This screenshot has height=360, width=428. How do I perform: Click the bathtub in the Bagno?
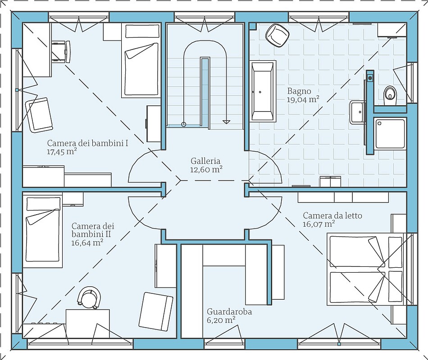pos(263,90)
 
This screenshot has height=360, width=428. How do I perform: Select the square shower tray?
pos(390,133)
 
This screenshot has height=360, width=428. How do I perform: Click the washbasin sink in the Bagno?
pos(357,112)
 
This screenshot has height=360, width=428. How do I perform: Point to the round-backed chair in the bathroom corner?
pos(277,36)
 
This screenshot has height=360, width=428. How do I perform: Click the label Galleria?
pos(205,161)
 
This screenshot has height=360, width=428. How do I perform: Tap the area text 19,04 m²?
pos(303,99)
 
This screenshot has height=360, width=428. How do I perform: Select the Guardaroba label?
pos(229,311)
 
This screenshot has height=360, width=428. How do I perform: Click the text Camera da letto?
pos(332,216)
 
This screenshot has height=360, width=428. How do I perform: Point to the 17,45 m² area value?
pos(62,152)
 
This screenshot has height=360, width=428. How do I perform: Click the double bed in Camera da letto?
pos(365,270)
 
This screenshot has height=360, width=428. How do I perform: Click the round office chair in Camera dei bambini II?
pos(89,297)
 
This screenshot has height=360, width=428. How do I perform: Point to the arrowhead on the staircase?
pos(226,121)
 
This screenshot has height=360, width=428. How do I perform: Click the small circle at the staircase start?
pos(184,124)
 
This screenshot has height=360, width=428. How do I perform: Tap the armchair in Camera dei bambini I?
pos(39,115)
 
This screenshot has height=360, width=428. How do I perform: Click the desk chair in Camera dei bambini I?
pos(61,52)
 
